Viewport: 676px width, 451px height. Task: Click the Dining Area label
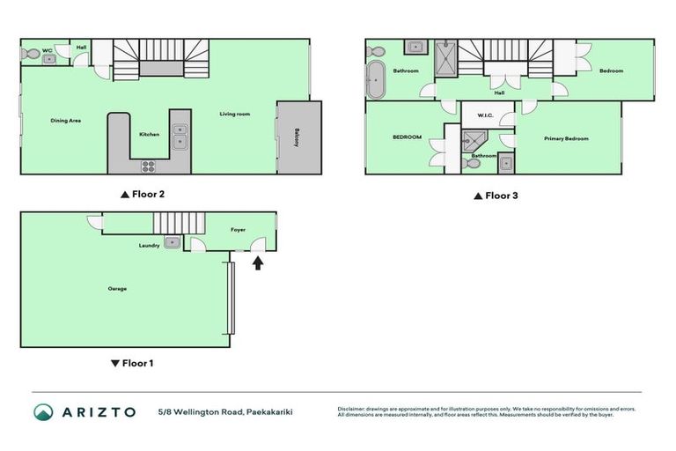pos(66,120)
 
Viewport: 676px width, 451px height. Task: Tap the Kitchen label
pos(149,134)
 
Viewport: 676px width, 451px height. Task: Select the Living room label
pos(235,114)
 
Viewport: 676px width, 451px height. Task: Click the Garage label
pos(117,288)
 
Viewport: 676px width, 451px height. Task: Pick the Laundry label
pos(149,246)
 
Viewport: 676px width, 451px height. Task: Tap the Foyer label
pos(238,229)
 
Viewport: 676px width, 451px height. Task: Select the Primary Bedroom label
pos(566,138)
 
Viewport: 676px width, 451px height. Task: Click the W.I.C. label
pos(485,115)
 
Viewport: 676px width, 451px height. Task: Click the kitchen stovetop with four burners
pos(148,165)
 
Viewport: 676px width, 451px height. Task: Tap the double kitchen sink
pos(180,136)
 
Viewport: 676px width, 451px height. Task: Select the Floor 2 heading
pos(143,196)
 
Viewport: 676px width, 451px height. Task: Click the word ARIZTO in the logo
pos(99,411)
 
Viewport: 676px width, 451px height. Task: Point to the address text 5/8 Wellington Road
pos(201,411)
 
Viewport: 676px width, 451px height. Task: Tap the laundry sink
pos(173,241)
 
